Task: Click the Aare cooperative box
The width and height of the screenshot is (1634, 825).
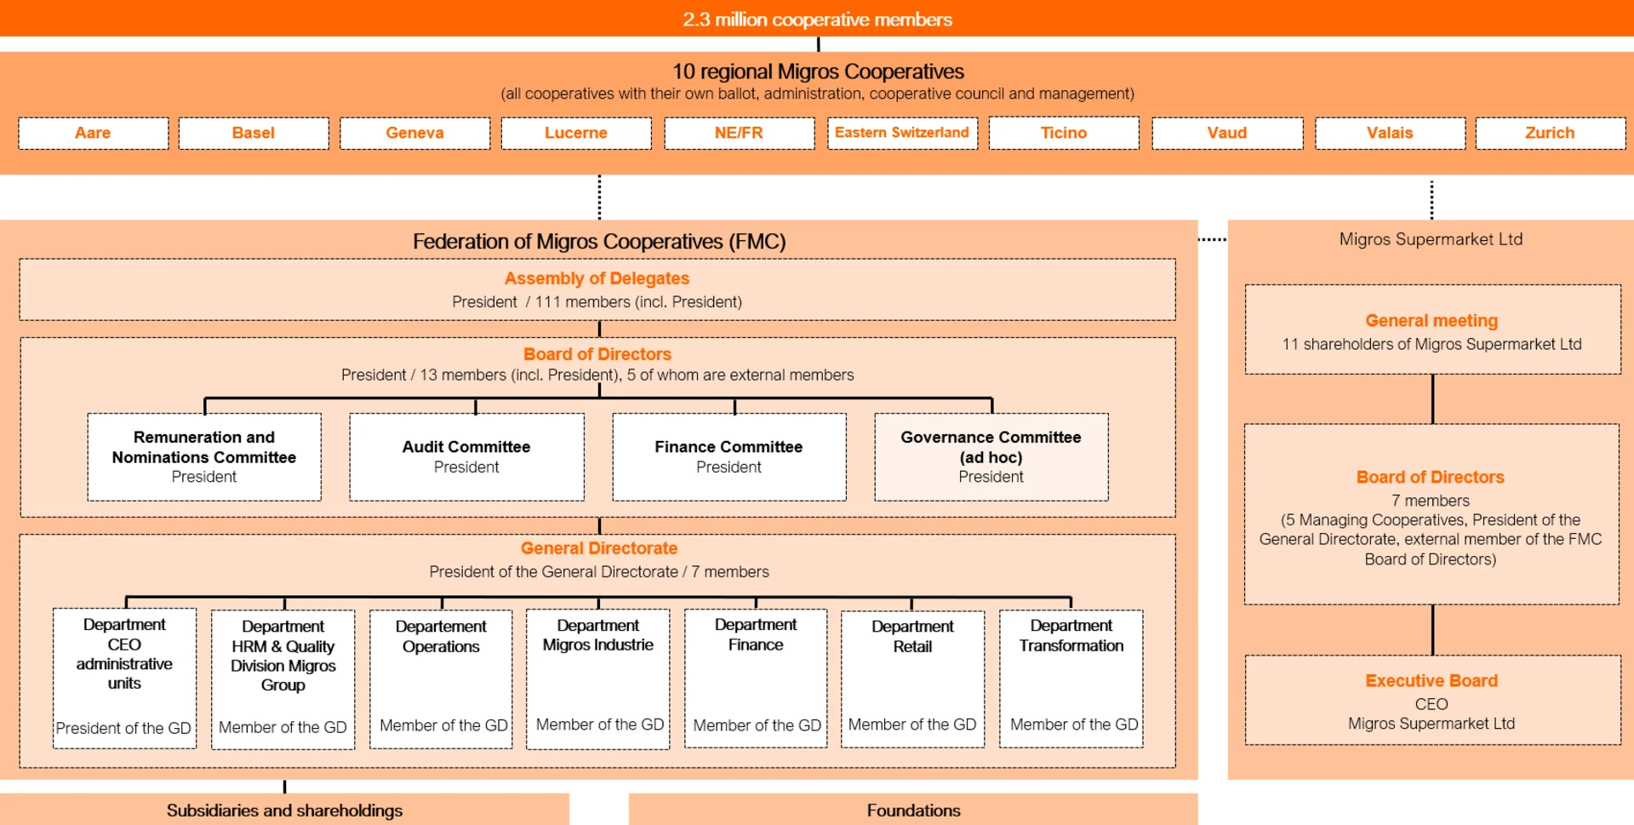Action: [x=93, y=133]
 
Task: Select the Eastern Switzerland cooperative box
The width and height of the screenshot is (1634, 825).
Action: [x=902, y=133]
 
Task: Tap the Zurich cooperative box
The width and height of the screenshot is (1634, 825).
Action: [x=1550, y=133]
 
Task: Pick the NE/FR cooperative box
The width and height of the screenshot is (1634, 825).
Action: [x=739, y=133]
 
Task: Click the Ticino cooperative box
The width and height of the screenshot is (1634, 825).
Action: [x=1064, y=133]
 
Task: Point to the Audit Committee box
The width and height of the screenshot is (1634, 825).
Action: [x=466, y=457]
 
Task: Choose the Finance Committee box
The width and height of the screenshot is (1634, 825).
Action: [x=728, y=457]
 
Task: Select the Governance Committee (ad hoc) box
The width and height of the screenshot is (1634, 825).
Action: [x=991, y=457]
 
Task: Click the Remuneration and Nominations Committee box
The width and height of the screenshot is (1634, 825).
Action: [x=204, y=457]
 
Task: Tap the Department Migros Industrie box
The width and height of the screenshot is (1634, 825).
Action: [x=598, y=679]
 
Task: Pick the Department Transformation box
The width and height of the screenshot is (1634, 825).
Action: [x=1071, y=679]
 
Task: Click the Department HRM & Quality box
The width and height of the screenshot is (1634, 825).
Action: [x=283, y=679]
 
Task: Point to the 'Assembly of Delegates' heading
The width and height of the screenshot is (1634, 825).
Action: [x=597, y=278]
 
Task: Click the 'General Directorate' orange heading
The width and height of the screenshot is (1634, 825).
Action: [x=599, y=548]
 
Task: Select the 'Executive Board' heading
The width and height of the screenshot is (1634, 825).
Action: [x=1431, y=681]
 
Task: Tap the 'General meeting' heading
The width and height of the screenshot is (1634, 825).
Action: [x=1431, y=321]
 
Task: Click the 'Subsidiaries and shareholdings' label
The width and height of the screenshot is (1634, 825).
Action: [x=284, y=811]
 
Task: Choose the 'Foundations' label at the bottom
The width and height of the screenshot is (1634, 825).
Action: [x=913, y=811]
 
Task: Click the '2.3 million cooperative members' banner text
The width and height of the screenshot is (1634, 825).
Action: [x=817, y=19]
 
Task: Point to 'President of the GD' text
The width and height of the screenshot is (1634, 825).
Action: [x=123, y=728]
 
